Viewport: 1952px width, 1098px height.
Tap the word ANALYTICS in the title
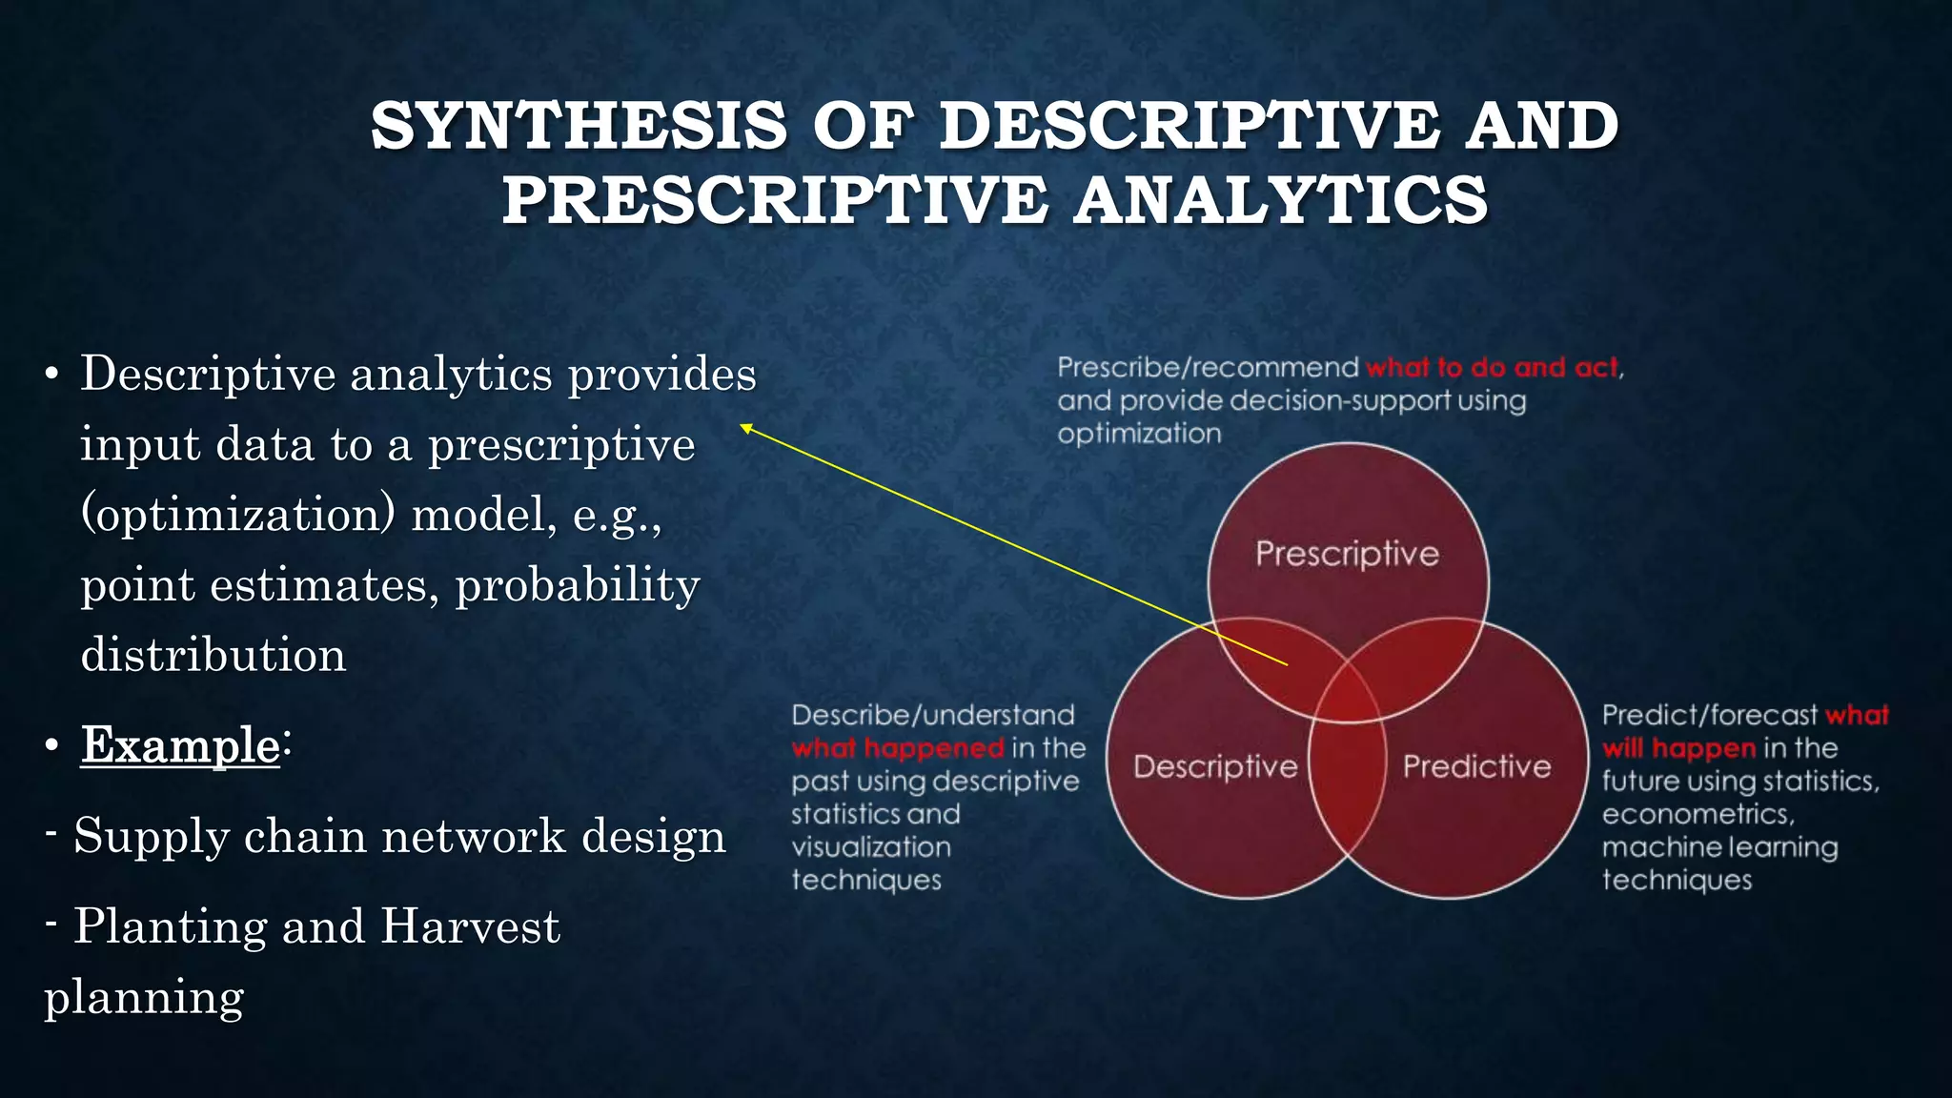(1280, 200)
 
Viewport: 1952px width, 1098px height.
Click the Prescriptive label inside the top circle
(1347, 554)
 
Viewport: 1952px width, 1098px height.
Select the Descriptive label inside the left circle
(1215, 766)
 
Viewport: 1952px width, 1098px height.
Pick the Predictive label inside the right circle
(1476, 766)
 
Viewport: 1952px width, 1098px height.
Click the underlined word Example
(180, 744)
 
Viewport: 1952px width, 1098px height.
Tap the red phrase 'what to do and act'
(1492, 368)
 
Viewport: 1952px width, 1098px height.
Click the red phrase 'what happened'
(897, 748)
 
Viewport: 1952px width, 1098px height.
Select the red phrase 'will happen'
(1678, 748)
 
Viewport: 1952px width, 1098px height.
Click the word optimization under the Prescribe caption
(1139, 434)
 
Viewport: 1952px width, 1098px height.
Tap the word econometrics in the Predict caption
(1697, 815)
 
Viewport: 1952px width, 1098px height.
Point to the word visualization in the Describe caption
(870, 847)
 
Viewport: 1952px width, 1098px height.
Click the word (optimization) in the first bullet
(237, 516)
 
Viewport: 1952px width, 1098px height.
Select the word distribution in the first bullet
(213, 656)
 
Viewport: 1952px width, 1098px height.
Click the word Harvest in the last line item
(470, 926)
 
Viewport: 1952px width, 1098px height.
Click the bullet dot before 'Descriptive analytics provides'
(52, 374)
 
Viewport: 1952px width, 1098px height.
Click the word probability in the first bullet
(578, 585)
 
